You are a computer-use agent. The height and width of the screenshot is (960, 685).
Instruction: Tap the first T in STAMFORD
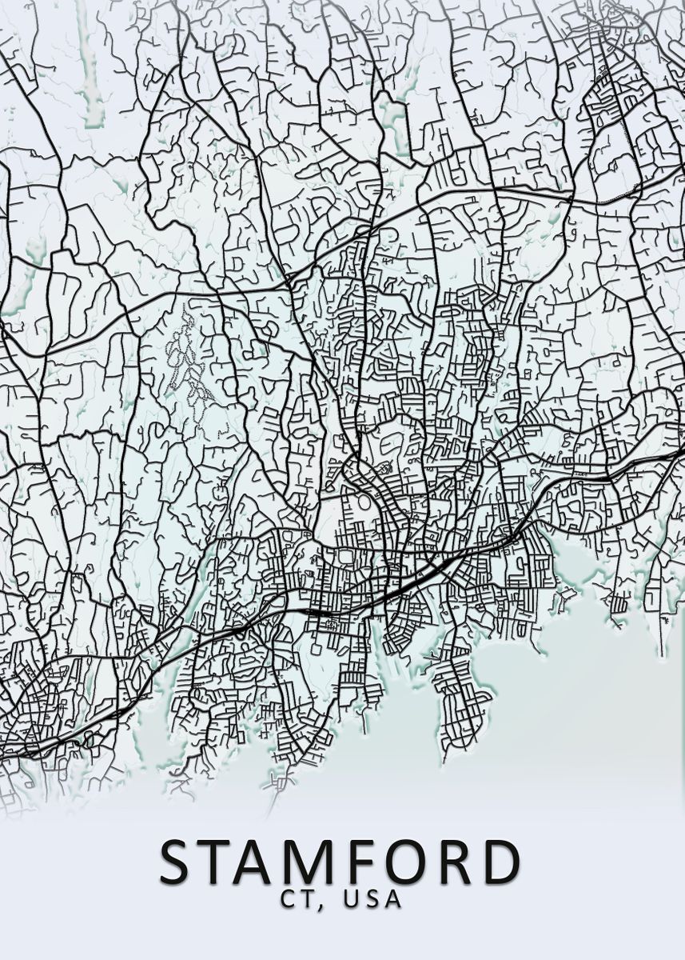click(221, 862)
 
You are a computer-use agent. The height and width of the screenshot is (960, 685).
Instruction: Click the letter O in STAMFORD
click(410, 862)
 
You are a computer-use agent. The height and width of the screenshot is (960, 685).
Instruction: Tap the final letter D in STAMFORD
click(500, 862)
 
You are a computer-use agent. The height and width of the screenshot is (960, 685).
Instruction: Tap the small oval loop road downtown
click(364, 505)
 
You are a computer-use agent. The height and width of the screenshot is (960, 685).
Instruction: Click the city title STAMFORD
click(341, 862)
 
